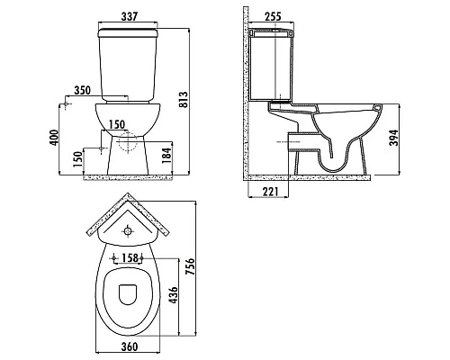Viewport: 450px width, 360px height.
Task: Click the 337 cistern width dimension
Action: point(130,14)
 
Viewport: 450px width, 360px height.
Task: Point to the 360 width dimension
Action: point(130,346)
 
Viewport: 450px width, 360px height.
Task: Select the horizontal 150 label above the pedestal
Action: point(116,123)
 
